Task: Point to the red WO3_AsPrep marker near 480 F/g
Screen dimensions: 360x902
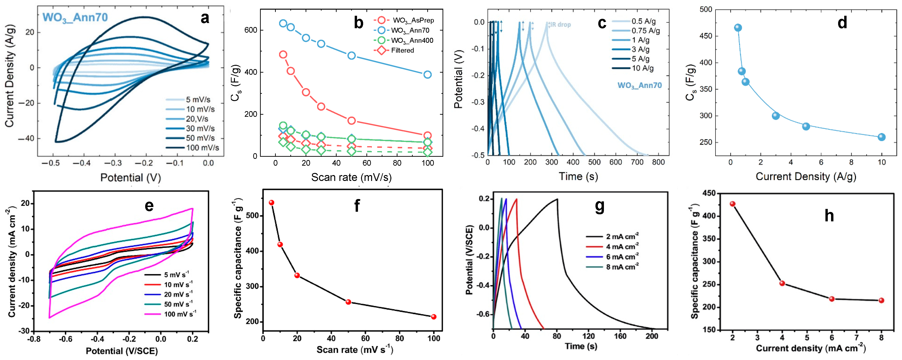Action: click(x=283, y=55)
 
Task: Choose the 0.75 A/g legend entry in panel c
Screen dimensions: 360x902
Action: click(x=645, y=31)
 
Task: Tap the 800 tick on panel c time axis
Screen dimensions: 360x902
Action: click(x=658, y=162)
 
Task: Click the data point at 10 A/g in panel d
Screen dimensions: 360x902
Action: click(x=881, y=137)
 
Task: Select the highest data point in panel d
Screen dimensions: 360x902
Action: click(x=738, y=28)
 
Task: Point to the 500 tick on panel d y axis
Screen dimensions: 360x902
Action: click(x=706, y=9)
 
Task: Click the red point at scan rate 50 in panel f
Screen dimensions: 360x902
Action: click(x=348, y=302)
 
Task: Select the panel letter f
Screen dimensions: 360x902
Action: click(x=357, y=206)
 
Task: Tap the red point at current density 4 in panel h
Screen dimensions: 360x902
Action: click(x=782, y=283)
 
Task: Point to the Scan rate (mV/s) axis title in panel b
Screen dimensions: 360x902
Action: click(x=351, y=177)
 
